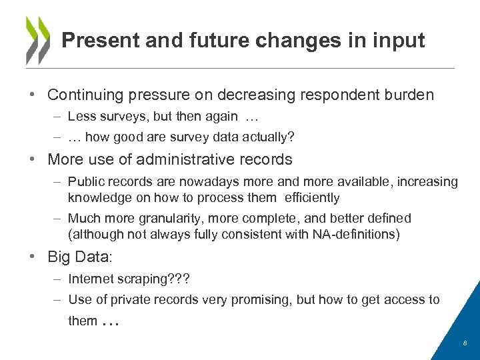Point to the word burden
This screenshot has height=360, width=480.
[409, 95]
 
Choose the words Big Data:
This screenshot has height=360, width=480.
[79, 257]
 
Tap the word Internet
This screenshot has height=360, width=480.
[92, 279]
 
